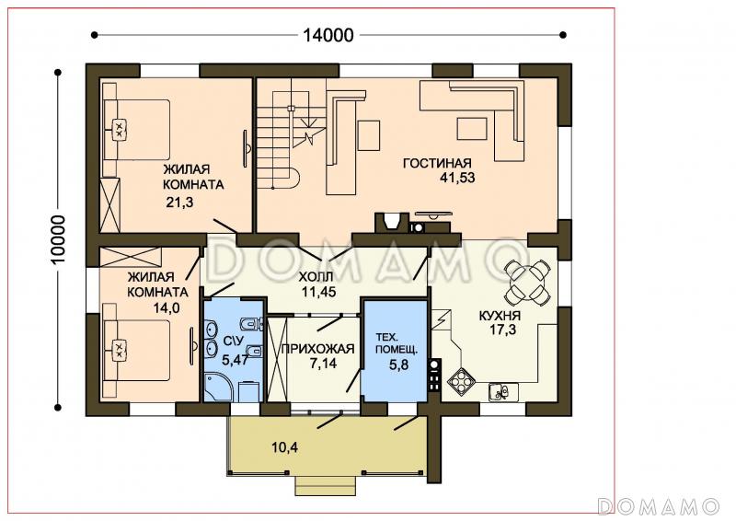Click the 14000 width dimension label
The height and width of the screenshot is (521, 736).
pyautogui.click(x=328, y=35)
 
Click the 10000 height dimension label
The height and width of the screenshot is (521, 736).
pyautogui.click(x=59, y=240)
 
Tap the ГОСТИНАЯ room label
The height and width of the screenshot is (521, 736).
pyautogui.click(x=437, y=163)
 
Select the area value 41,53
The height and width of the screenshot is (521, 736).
pyautogui.click(x=457, y=178)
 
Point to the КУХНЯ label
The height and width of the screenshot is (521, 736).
pyautogui.click(x=500, y=316)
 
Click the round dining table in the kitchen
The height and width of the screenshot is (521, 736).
pyautogui.click(x=526, y=282)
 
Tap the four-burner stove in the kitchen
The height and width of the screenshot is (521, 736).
pyautogui.click(x=461, y=380)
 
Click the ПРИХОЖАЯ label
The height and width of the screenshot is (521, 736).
pyautogui.click(x=317, y=349)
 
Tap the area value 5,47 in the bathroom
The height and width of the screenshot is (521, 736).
pyautogui.click(x=235, y=360)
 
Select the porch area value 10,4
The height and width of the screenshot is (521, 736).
pyautogui.click(x=284, y=447)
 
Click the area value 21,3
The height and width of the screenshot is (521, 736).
pyautogui.click(x=179, y=203)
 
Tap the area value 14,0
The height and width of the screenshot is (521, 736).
pyautogui.click(x=166, y=307)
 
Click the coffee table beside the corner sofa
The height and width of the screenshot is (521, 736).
pyautogui.click(x=472, y=129)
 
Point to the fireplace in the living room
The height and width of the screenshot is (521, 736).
pyautogui.click(x=391, y=222)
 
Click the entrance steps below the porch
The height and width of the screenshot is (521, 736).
pyautogui.click(x=325, y=485)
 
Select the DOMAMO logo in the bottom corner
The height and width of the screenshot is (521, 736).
pyautogui.click(x=659, y=506)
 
